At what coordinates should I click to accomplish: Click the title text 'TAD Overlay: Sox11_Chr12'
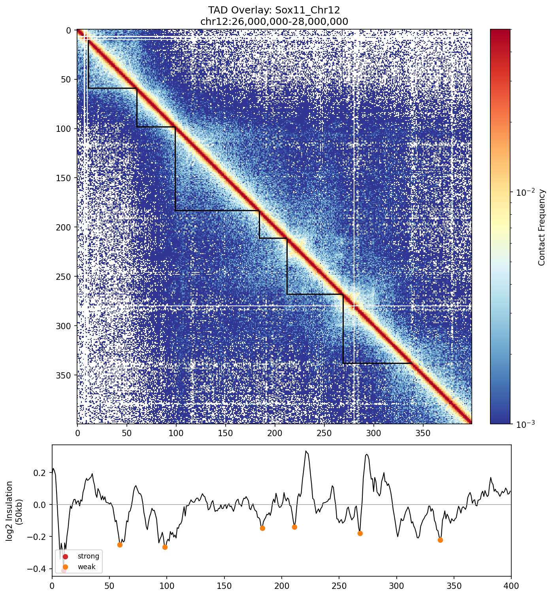274,10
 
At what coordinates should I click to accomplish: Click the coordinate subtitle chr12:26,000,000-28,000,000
274,21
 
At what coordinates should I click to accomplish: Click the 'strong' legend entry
88,556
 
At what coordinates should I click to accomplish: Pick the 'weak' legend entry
87,567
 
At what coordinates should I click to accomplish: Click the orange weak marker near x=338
440,540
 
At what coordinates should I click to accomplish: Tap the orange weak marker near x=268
360,533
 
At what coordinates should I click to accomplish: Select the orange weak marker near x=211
294,527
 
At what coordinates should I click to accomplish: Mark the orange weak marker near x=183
262,528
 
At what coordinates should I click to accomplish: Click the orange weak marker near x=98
165,547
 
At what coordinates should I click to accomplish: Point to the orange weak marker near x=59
120,545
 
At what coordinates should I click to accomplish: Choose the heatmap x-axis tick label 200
275,433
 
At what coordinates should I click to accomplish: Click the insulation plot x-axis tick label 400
511,586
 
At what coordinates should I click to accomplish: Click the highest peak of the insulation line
306,451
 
